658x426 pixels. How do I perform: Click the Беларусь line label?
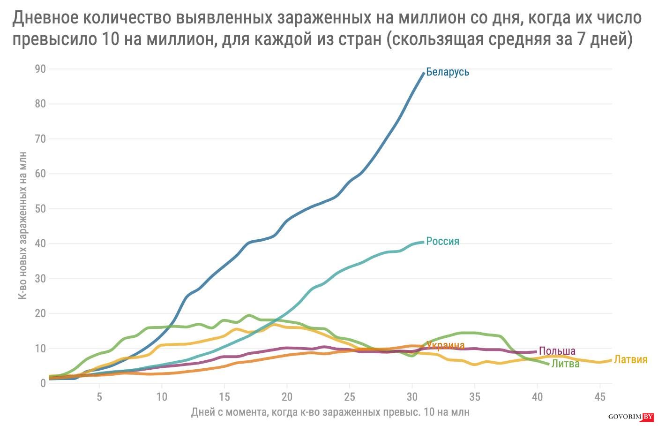tap(447, 72)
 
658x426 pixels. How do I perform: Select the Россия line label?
tap(442, 241)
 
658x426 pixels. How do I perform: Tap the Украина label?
tap(445, 346)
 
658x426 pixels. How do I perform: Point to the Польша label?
tap(557, 351)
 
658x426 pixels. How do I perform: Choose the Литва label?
tap(565, 364)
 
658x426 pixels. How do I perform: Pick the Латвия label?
tap(630, 359)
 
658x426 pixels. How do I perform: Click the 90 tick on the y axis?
tap(40, 69)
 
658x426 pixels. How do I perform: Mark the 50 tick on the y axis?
tap(40, 208)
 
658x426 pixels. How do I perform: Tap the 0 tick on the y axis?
tap(43, 383)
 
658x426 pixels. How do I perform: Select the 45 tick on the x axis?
tap(599, 397)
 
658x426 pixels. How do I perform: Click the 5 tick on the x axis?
tap(99, 397)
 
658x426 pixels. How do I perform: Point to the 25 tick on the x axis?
tap(349, 397)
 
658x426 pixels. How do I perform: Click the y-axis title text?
tap(22, 225)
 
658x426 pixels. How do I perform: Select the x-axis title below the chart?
tap(330, 412)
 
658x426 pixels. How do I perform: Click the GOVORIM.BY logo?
tap(630, 417)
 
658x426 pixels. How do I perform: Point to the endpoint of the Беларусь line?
tap(424, 73)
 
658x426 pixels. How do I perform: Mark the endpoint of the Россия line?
tap(423, 242)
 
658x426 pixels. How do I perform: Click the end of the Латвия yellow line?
tap(611, 360)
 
